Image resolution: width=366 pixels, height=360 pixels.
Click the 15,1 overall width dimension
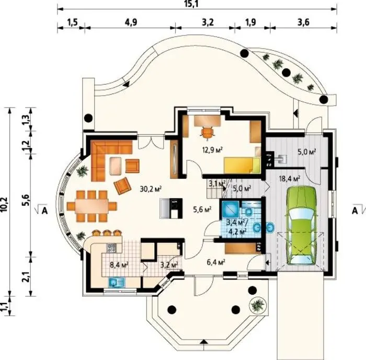(x=191, y=4)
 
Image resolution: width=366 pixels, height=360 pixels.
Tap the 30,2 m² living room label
(x=151, y=189)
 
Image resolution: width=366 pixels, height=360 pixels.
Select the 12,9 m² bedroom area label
(x=212, y=149)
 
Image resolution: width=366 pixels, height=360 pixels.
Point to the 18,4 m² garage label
(x=290, y=179)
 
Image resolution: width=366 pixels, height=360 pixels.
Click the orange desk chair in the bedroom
(x=207, y=133)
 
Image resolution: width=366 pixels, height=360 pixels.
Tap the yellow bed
(x=242, y=166)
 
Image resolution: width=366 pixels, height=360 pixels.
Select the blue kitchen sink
(x=117, y=282)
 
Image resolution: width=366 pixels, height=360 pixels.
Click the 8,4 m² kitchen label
(x=119, y=265)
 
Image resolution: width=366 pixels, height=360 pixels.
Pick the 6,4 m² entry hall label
(x=215, y=262)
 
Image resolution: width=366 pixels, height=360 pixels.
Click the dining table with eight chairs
(x=92, y=206)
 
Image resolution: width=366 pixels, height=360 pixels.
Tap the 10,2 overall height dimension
(x=5, y=204)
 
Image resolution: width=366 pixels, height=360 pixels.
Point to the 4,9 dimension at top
(x=131, y=22)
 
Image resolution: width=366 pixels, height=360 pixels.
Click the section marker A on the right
(x=354, y=211)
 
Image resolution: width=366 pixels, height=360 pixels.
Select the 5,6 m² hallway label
(x=202, y=210)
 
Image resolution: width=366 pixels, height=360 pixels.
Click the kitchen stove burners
(x=111, y=248)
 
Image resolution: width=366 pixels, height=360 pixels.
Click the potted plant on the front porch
(x=257, y=305)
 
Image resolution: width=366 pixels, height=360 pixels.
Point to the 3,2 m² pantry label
(x=169, y=265)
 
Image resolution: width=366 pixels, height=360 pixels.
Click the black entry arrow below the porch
(x=204, y=342)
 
